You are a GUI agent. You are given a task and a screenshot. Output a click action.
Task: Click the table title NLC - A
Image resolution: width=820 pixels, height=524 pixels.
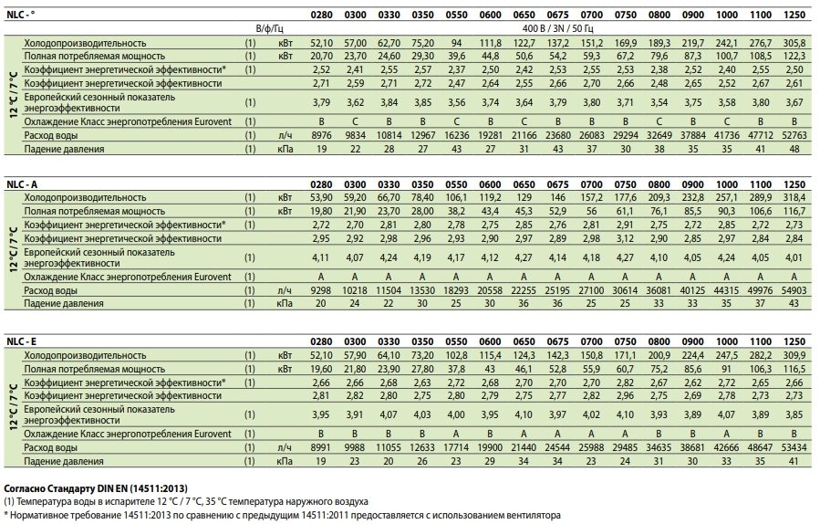22,184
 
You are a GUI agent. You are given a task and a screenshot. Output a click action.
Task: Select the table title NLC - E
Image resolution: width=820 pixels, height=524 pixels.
22,341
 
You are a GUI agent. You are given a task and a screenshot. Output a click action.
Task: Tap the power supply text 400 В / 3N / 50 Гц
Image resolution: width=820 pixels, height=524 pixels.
557,28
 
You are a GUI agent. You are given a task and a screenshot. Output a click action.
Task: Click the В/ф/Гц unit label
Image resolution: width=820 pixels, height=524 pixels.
270,28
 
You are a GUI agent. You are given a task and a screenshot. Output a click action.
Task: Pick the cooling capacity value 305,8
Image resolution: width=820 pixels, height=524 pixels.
794,43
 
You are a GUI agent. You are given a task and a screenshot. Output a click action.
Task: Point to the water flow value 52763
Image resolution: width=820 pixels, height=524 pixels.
794,135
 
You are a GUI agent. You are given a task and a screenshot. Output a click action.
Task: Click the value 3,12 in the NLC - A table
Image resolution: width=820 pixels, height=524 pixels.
625,238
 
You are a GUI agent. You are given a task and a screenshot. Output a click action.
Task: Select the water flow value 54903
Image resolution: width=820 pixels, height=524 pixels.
794,290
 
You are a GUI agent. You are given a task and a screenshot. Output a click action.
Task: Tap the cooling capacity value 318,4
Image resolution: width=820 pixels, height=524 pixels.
794,197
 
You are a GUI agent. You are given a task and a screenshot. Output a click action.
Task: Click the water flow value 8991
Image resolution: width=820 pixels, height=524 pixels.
321,447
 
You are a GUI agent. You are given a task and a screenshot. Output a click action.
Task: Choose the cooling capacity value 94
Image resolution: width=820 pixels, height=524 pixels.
457,43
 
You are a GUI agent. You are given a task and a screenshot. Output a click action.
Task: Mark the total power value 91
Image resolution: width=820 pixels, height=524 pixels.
726,369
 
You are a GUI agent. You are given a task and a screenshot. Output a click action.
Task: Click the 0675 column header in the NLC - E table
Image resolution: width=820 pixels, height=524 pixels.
557,341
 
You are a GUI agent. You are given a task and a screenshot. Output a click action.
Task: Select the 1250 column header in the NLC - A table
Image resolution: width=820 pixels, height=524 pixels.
794,184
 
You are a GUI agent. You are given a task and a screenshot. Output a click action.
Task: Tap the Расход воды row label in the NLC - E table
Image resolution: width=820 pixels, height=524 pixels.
51,447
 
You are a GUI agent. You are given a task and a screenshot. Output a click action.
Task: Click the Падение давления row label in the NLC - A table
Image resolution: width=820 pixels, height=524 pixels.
64,304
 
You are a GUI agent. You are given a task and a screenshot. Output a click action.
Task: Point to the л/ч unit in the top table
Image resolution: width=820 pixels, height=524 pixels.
285,135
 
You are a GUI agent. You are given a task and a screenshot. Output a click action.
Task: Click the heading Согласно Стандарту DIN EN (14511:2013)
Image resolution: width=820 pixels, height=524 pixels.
96,488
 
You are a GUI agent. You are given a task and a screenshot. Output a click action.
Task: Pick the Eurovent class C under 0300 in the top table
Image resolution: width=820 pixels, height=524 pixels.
355,121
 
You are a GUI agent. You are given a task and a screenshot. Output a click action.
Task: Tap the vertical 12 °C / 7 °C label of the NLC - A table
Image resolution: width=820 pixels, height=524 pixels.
14,250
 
